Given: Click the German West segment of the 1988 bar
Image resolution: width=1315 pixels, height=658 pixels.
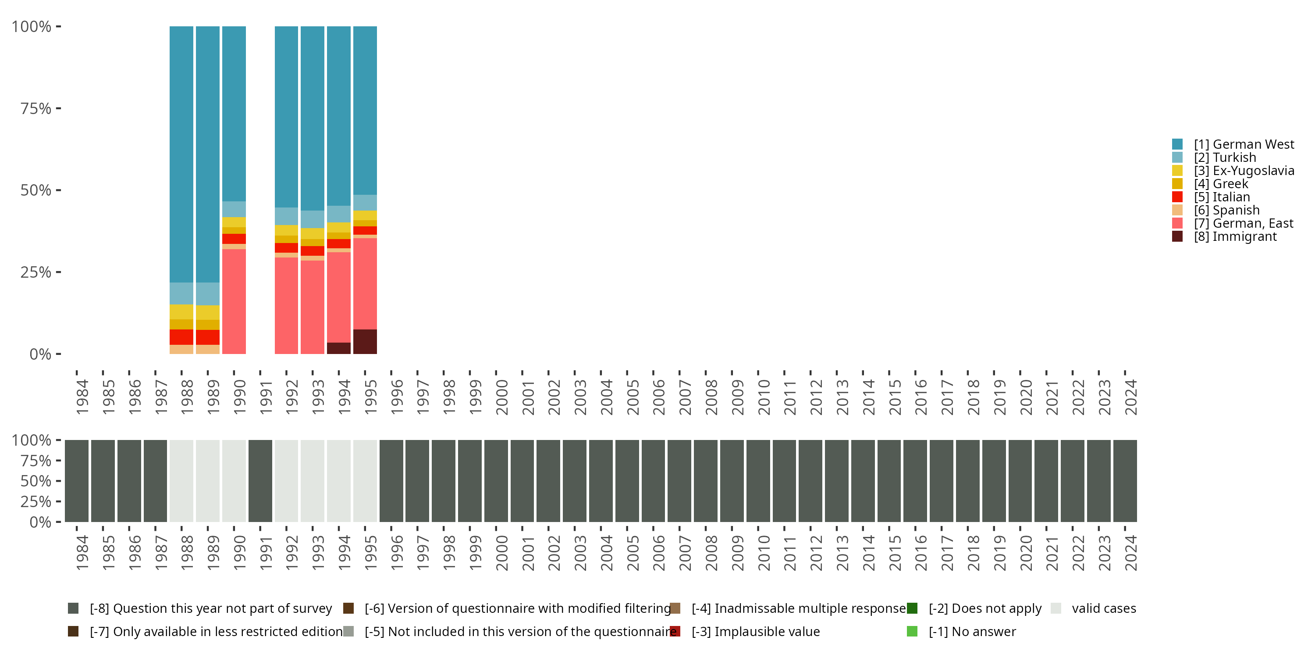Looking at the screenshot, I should [x=181, y=153].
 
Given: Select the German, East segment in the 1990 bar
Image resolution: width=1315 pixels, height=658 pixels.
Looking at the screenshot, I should [x=234, y=301].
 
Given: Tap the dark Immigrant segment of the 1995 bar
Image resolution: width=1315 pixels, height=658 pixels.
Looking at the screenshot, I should [x=365, y=341].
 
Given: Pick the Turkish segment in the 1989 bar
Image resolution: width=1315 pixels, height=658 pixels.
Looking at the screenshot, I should [x=208, y=294].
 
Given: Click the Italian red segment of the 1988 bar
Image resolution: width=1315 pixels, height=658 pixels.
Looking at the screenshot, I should [x=181, y=337].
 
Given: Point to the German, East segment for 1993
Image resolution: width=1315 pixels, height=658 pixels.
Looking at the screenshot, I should [x=313, y=307].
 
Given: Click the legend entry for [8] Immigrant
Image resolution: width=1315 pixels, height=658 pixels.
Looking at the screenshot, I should [x=1235, y=236].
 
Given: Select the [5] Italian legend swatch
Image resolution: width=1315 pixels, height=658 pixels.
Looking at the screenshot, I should [x=1177, y=197].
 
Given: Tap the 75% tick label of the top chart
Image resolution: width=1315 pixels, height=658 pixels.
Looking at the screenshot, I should [x=36, y=108].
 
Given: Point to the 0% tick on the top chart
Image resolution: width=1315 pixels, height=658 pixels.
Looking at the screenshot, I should [x=40, y=354].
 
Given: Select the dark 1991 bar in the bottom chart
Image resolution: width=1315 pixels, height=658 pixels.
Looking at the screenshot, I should [x=260, y=481].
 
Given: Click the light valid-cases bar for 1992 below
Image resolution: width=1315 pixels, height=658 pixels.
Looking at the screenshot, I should [x=286, y=481].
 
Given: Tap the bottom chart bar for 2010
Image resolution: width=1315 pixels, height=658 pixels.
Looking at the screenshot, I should [x=758, y=481].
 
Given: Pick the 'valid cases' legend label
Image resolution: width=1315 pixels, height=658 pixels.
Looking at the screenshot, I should [x=1104, y=608].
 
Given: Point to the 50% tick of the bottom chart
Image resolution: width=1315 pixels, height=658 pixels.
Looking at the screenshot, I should [x=36, y=481].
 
